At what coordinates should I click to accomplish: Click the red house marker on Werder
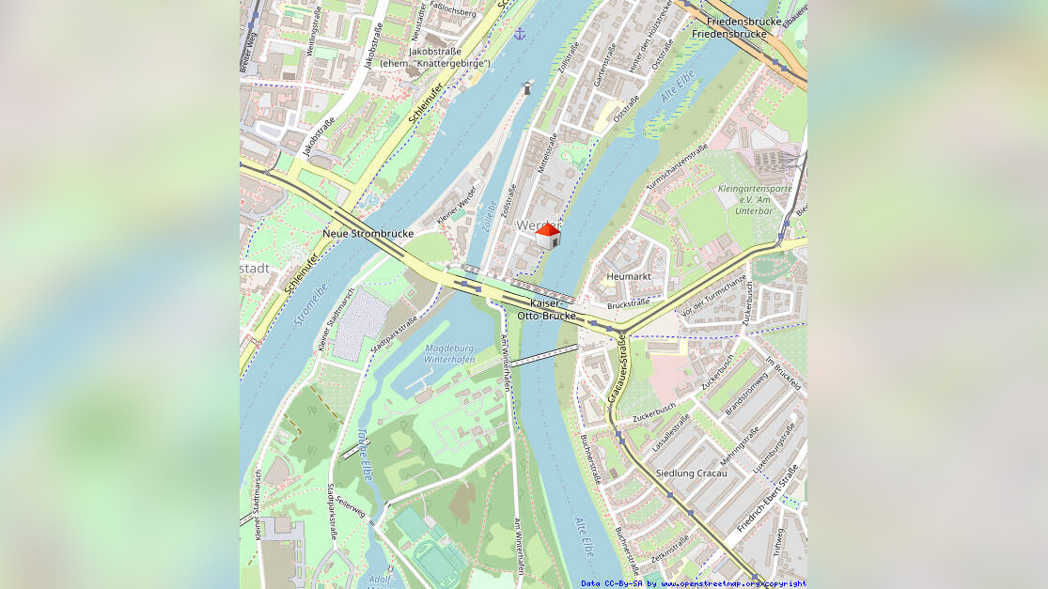(x=547, y=236)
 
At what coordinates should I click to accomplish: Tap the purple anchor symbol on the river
(x=520, y=34)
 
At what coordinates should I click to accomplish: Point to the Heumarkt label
(x=628, y=276)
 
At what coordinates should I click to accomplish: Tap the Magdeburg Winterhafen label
(x=449, y=353)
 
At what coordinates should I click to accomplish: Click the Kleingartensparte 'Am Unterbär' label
(x=753, y=199)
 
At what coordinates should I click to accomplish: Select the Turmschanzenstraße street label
(x=677, y=168)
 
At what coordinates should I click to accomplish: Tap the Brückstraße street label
(x=628, y=304)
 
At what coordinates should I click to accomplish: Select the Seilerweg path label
(x=350, y=505)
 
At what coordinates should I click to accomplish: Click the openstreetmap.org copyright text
(x=693, y=583)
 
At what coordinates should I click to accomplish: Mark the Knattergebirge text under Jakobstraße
(x=435, y=63)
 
